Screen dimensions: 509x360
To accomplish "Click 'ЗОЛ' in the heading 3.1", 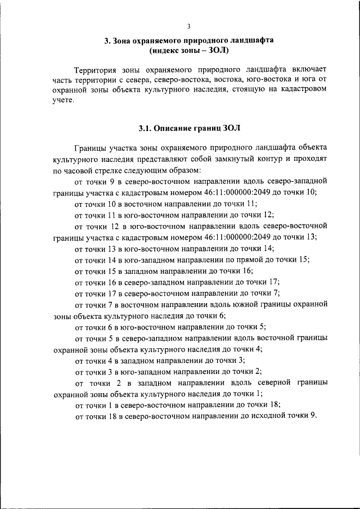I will [231, 128].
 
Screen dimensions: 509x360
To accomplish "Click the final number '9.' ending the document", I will [313, 416].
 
